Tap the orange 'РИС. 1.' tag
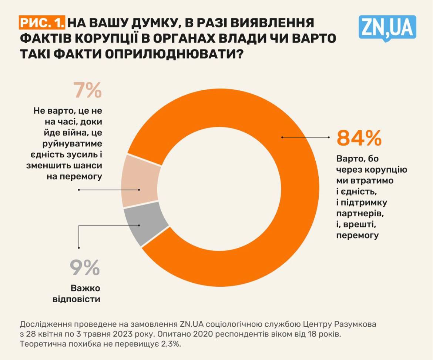click(x=42, y=23)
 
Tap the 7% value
click(x=88, y=91)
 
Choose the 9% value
click(x=85, y=267)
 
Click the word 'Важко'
click(x=85, y=288)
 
